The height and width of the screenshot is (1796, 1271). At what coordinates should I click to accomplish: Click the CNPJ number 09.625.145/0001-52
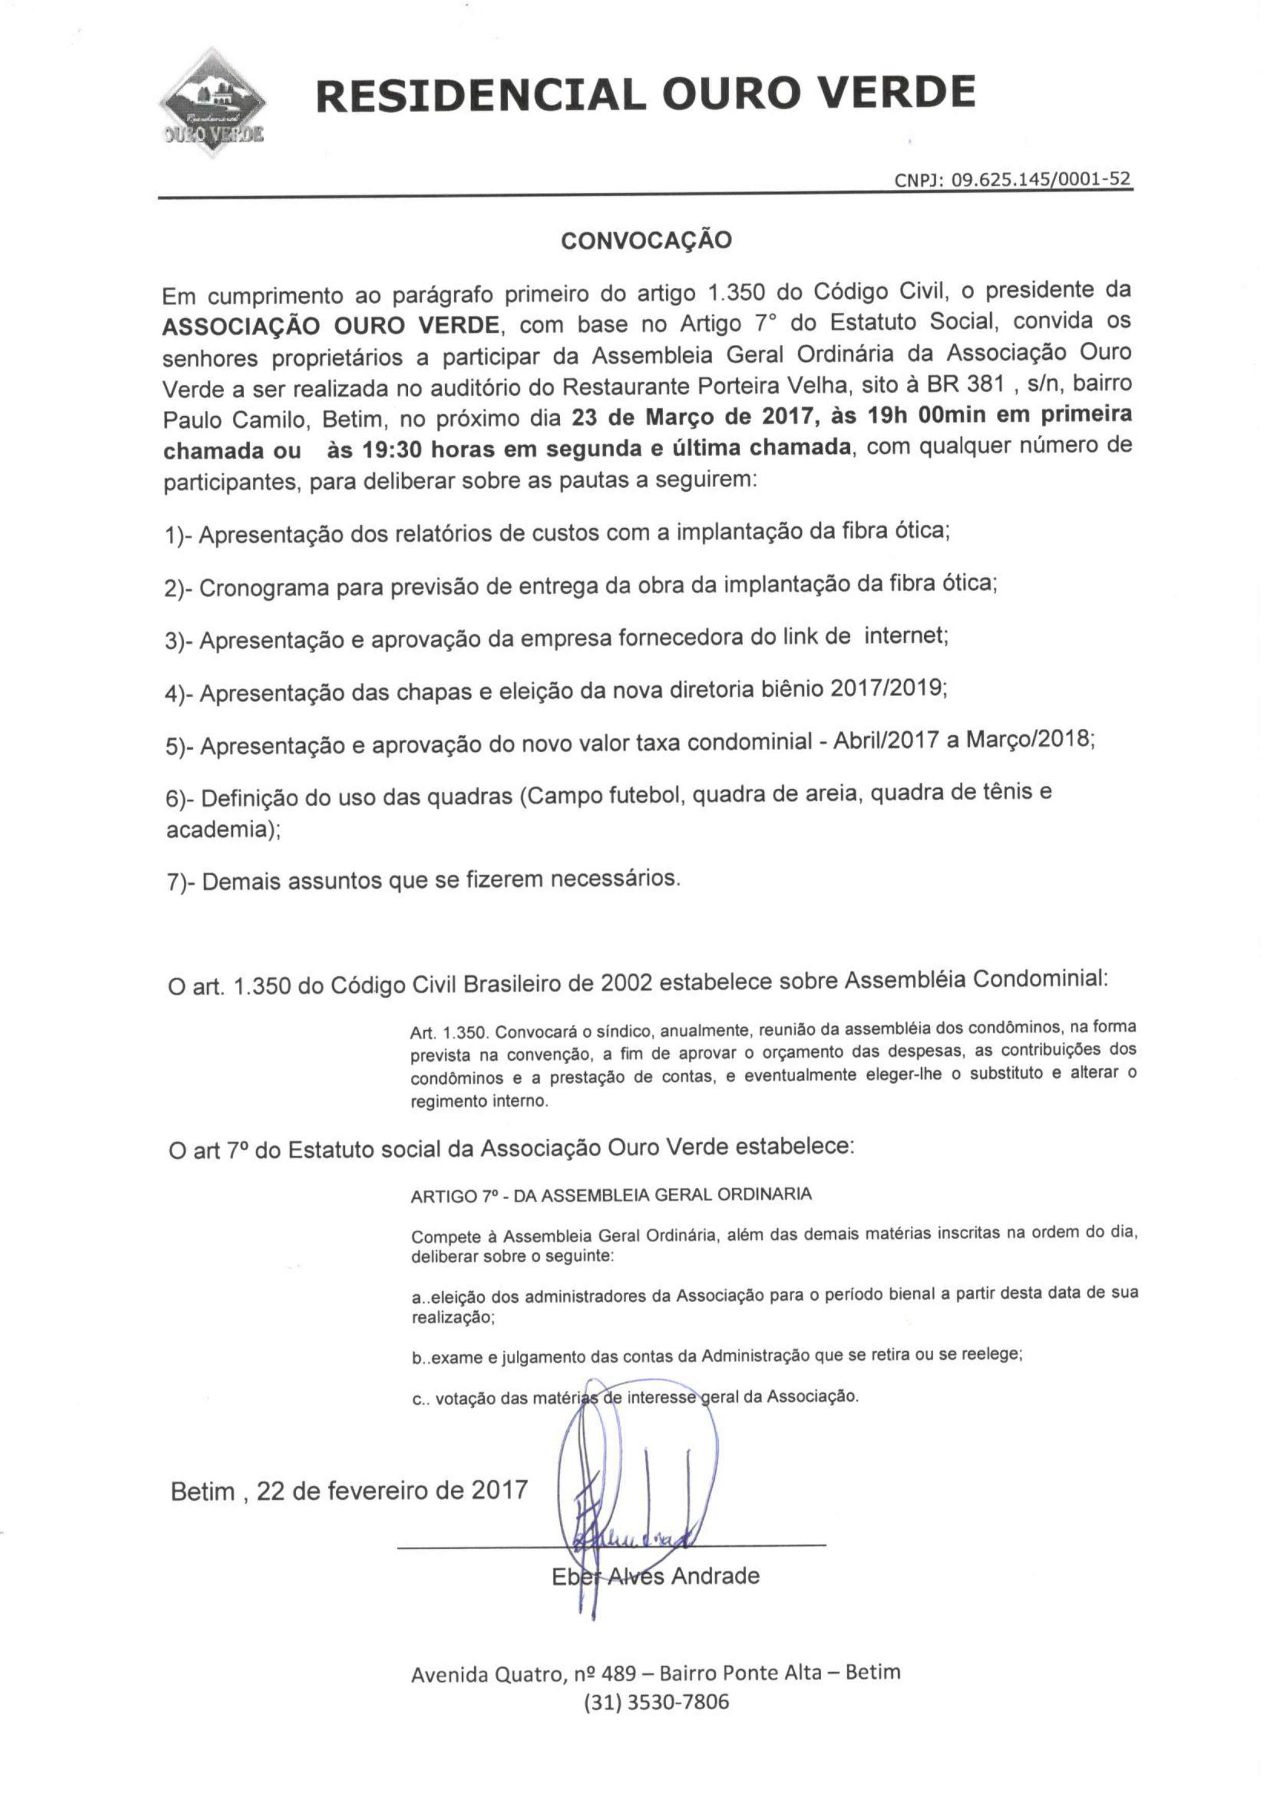coord(1014,179)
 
